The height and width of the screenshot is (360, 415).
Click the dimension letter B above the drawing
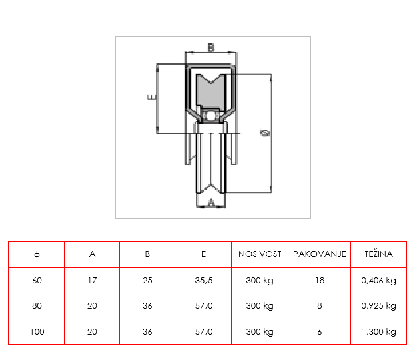pos(210,47)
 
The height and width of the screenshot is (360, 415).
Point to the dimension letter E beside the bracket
pos(151,98)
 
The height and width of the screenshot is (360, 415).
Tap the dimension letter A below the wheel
pos(211,202)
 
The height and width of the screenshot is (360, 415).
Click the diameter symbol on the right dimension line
pos(265,132)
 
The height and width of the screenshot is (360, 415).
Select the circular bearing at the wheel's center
pos(211,116)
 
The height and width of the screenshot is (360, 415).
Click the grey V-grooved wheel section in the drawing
pos(211,92)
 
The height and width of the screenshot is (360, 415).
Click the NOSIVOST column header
pos(260,254)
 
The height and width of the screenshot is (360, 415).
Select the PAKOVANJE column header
pos(320,254)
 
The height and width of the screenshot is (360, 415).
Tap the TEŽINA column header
pos(378,254)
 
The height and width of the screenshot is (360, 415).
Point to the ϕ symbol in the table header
pos(37,254)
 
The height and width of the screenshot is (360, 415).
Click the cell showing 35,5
pos(203,281)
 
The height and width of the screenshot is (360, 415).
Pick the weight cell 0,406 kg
pos(378,281)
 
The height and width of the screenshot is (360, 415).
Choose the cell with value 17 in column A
pos(92,280)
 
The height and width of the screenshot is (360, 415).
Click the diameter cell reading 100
pos(37,331)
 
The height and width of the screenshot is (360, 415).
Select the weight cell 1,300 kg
pos(379,332)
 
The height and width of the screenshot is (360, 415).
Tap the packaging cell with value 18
pos(320,280)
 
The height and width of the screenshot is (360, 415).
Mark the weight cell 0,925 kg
pos(378,306)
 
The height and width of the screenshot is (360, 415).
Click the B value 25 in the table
pos(147,280)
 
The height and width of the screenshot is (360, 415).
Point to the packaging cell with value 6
pos(320,331)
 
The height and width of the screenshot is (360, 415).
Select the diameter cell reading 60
pos(37,280)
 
